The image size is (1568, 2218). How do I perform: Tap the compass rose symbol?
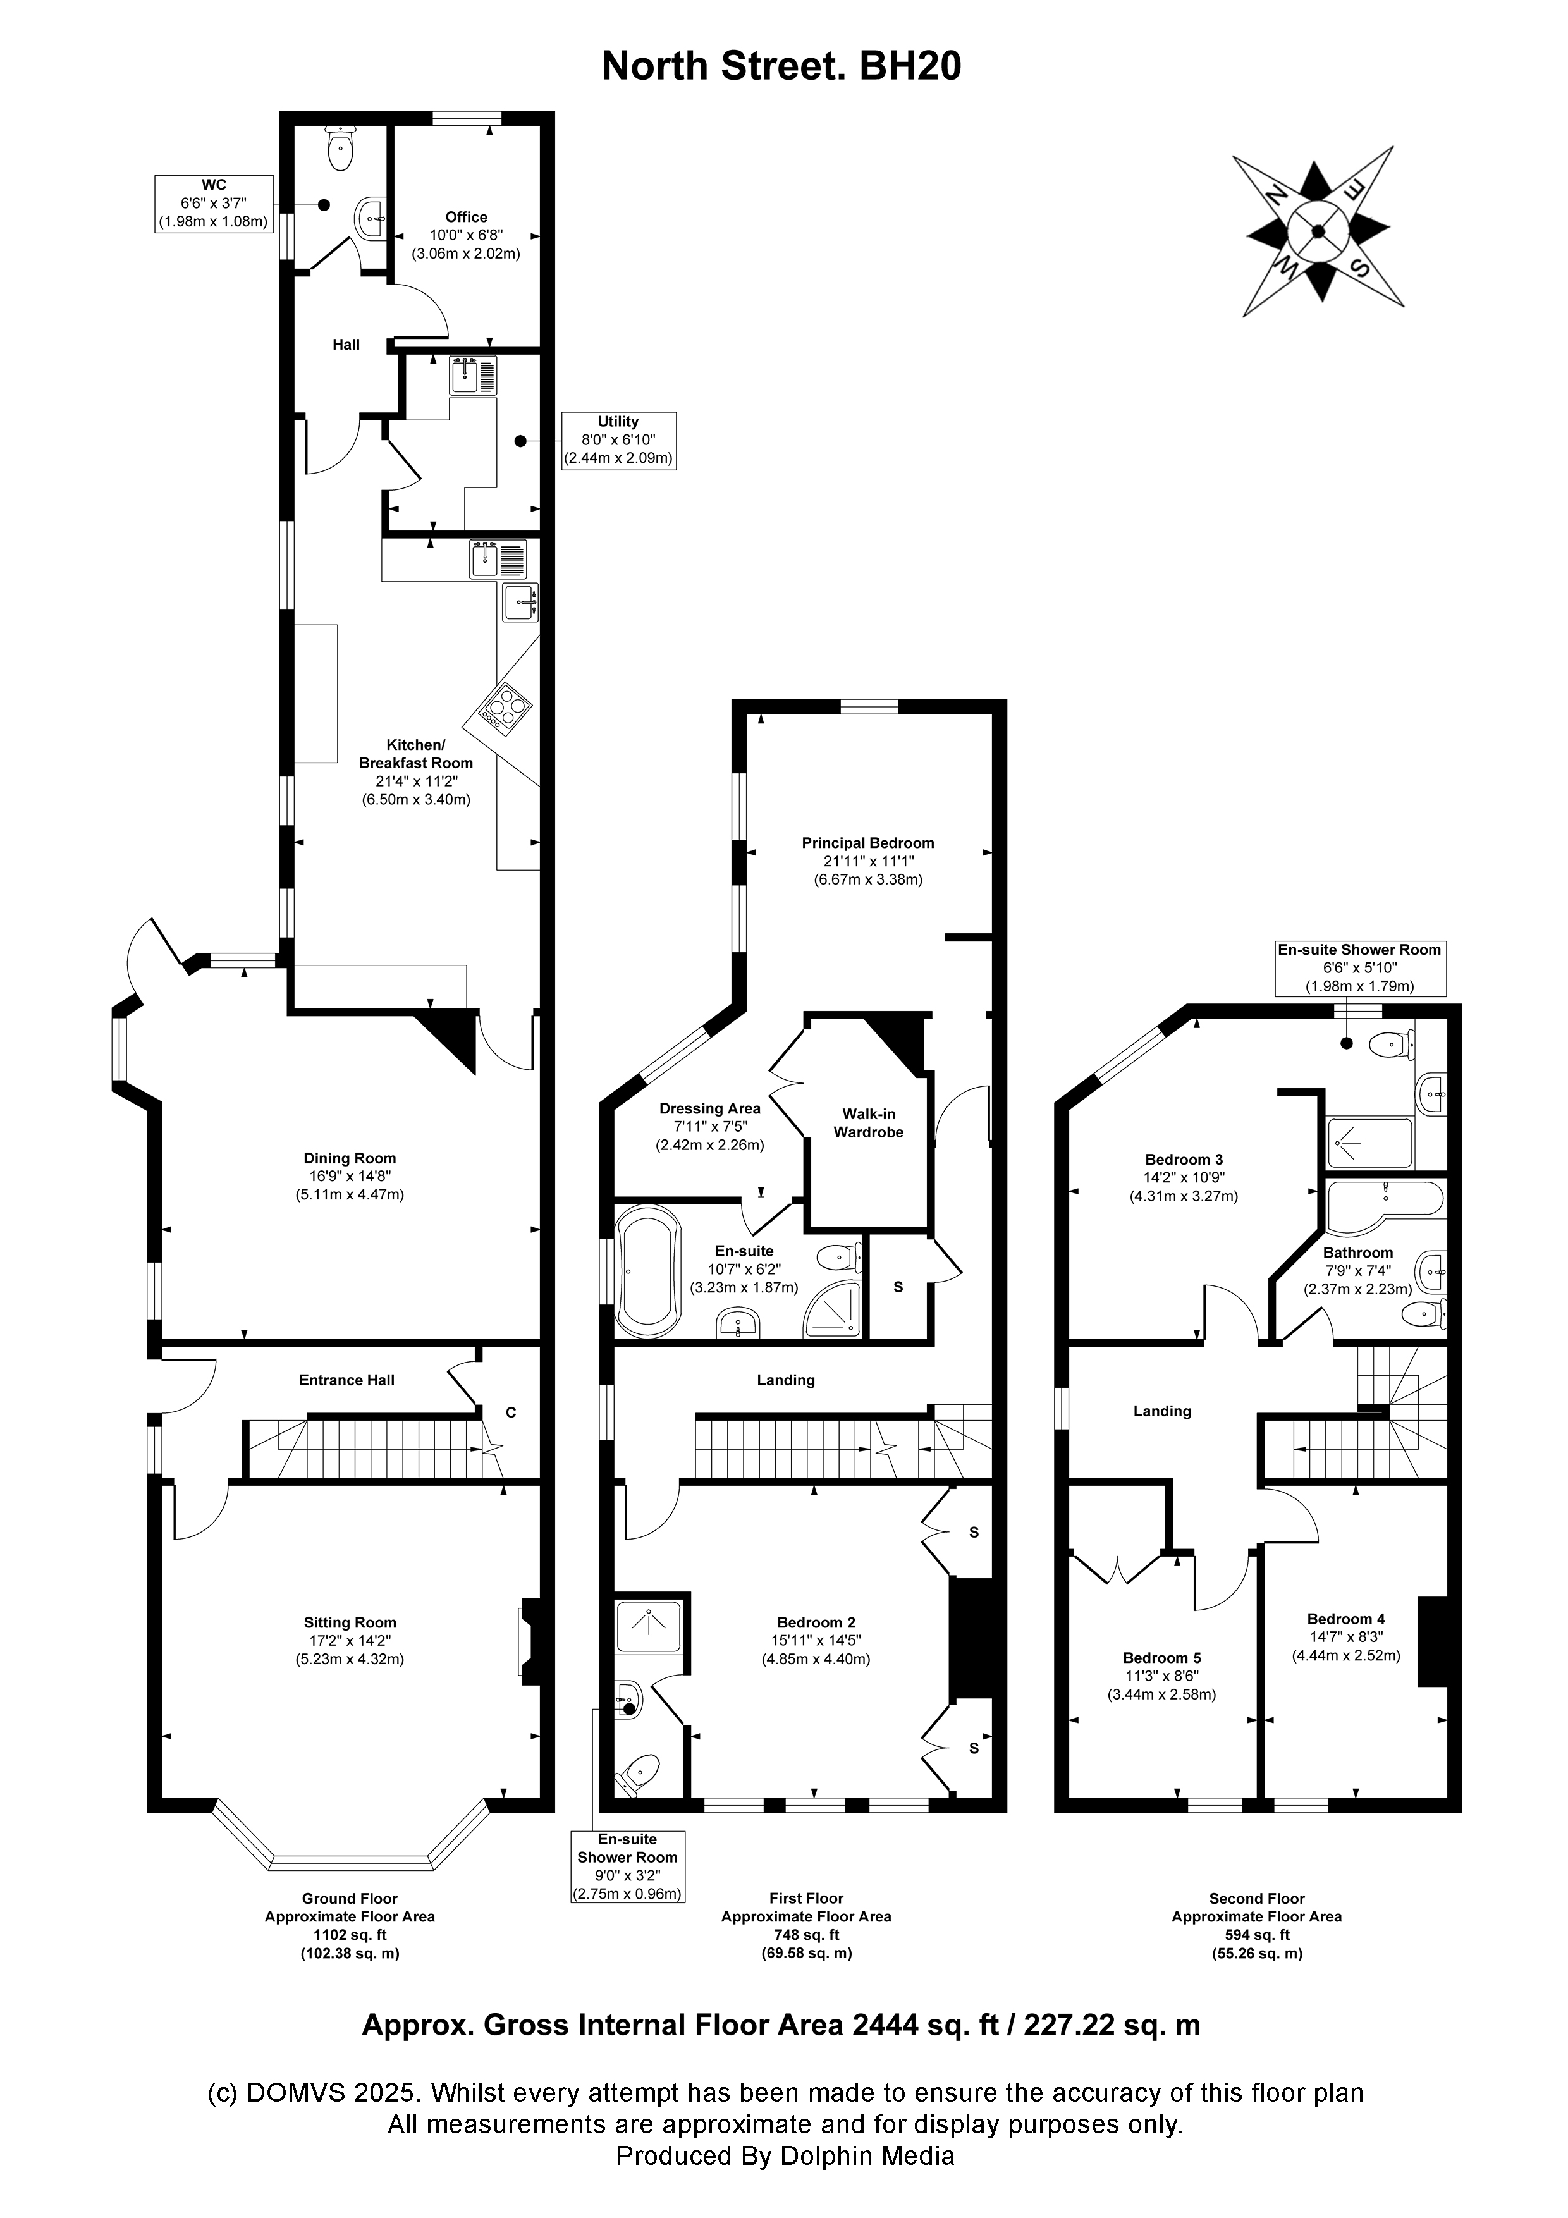click(x=1318, y=231)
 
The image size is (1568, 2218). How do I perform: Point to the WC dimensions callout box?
click(x=214, y=203)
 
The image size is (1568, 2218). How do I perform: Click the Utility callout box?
click(x=618, y=441)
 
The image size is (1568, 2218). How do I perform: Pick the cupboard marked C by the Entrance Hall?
click(x=511, y=1412)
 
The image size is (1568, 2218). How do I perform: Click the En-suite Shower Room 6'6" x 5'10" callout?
click(x=1359, y=967)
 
